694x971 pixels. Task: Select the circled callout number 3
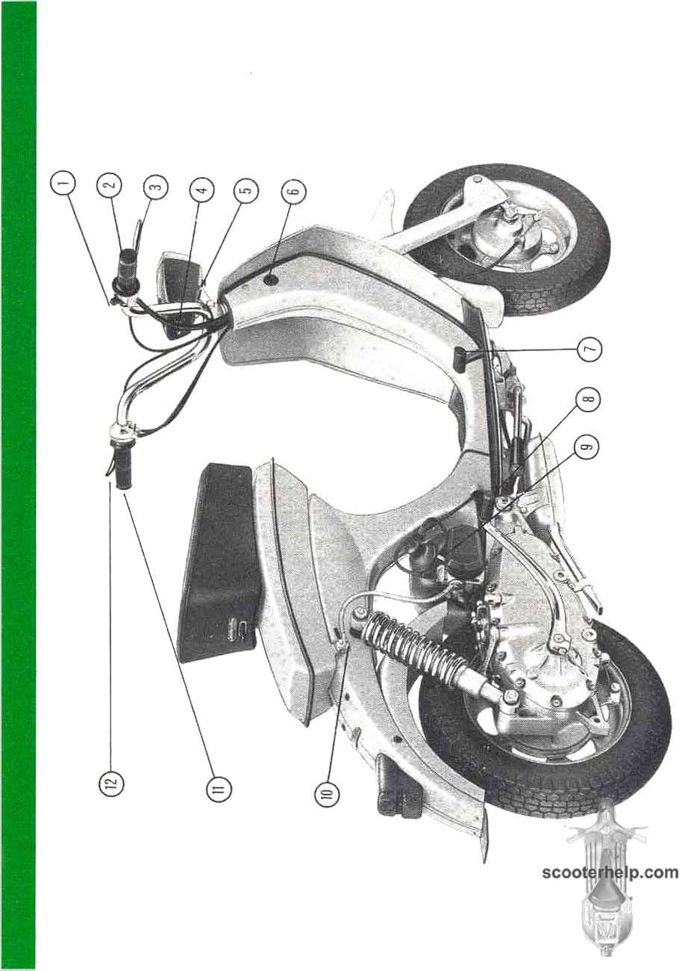click(x=156, y=187)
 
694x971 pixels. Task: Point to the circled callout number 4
click(x=202, y=189)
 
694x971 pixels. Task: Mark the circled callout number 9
click(x=588, y=448)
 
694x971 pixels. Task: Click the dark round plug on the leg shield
click(x=272, y=279)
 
